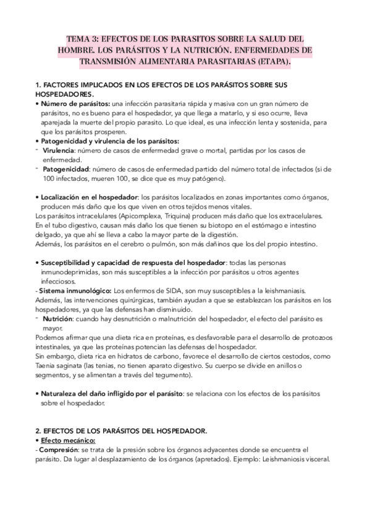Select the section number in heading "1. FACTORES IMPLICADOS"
pos(38,84)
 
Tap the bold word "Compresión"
pos(59,450)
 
